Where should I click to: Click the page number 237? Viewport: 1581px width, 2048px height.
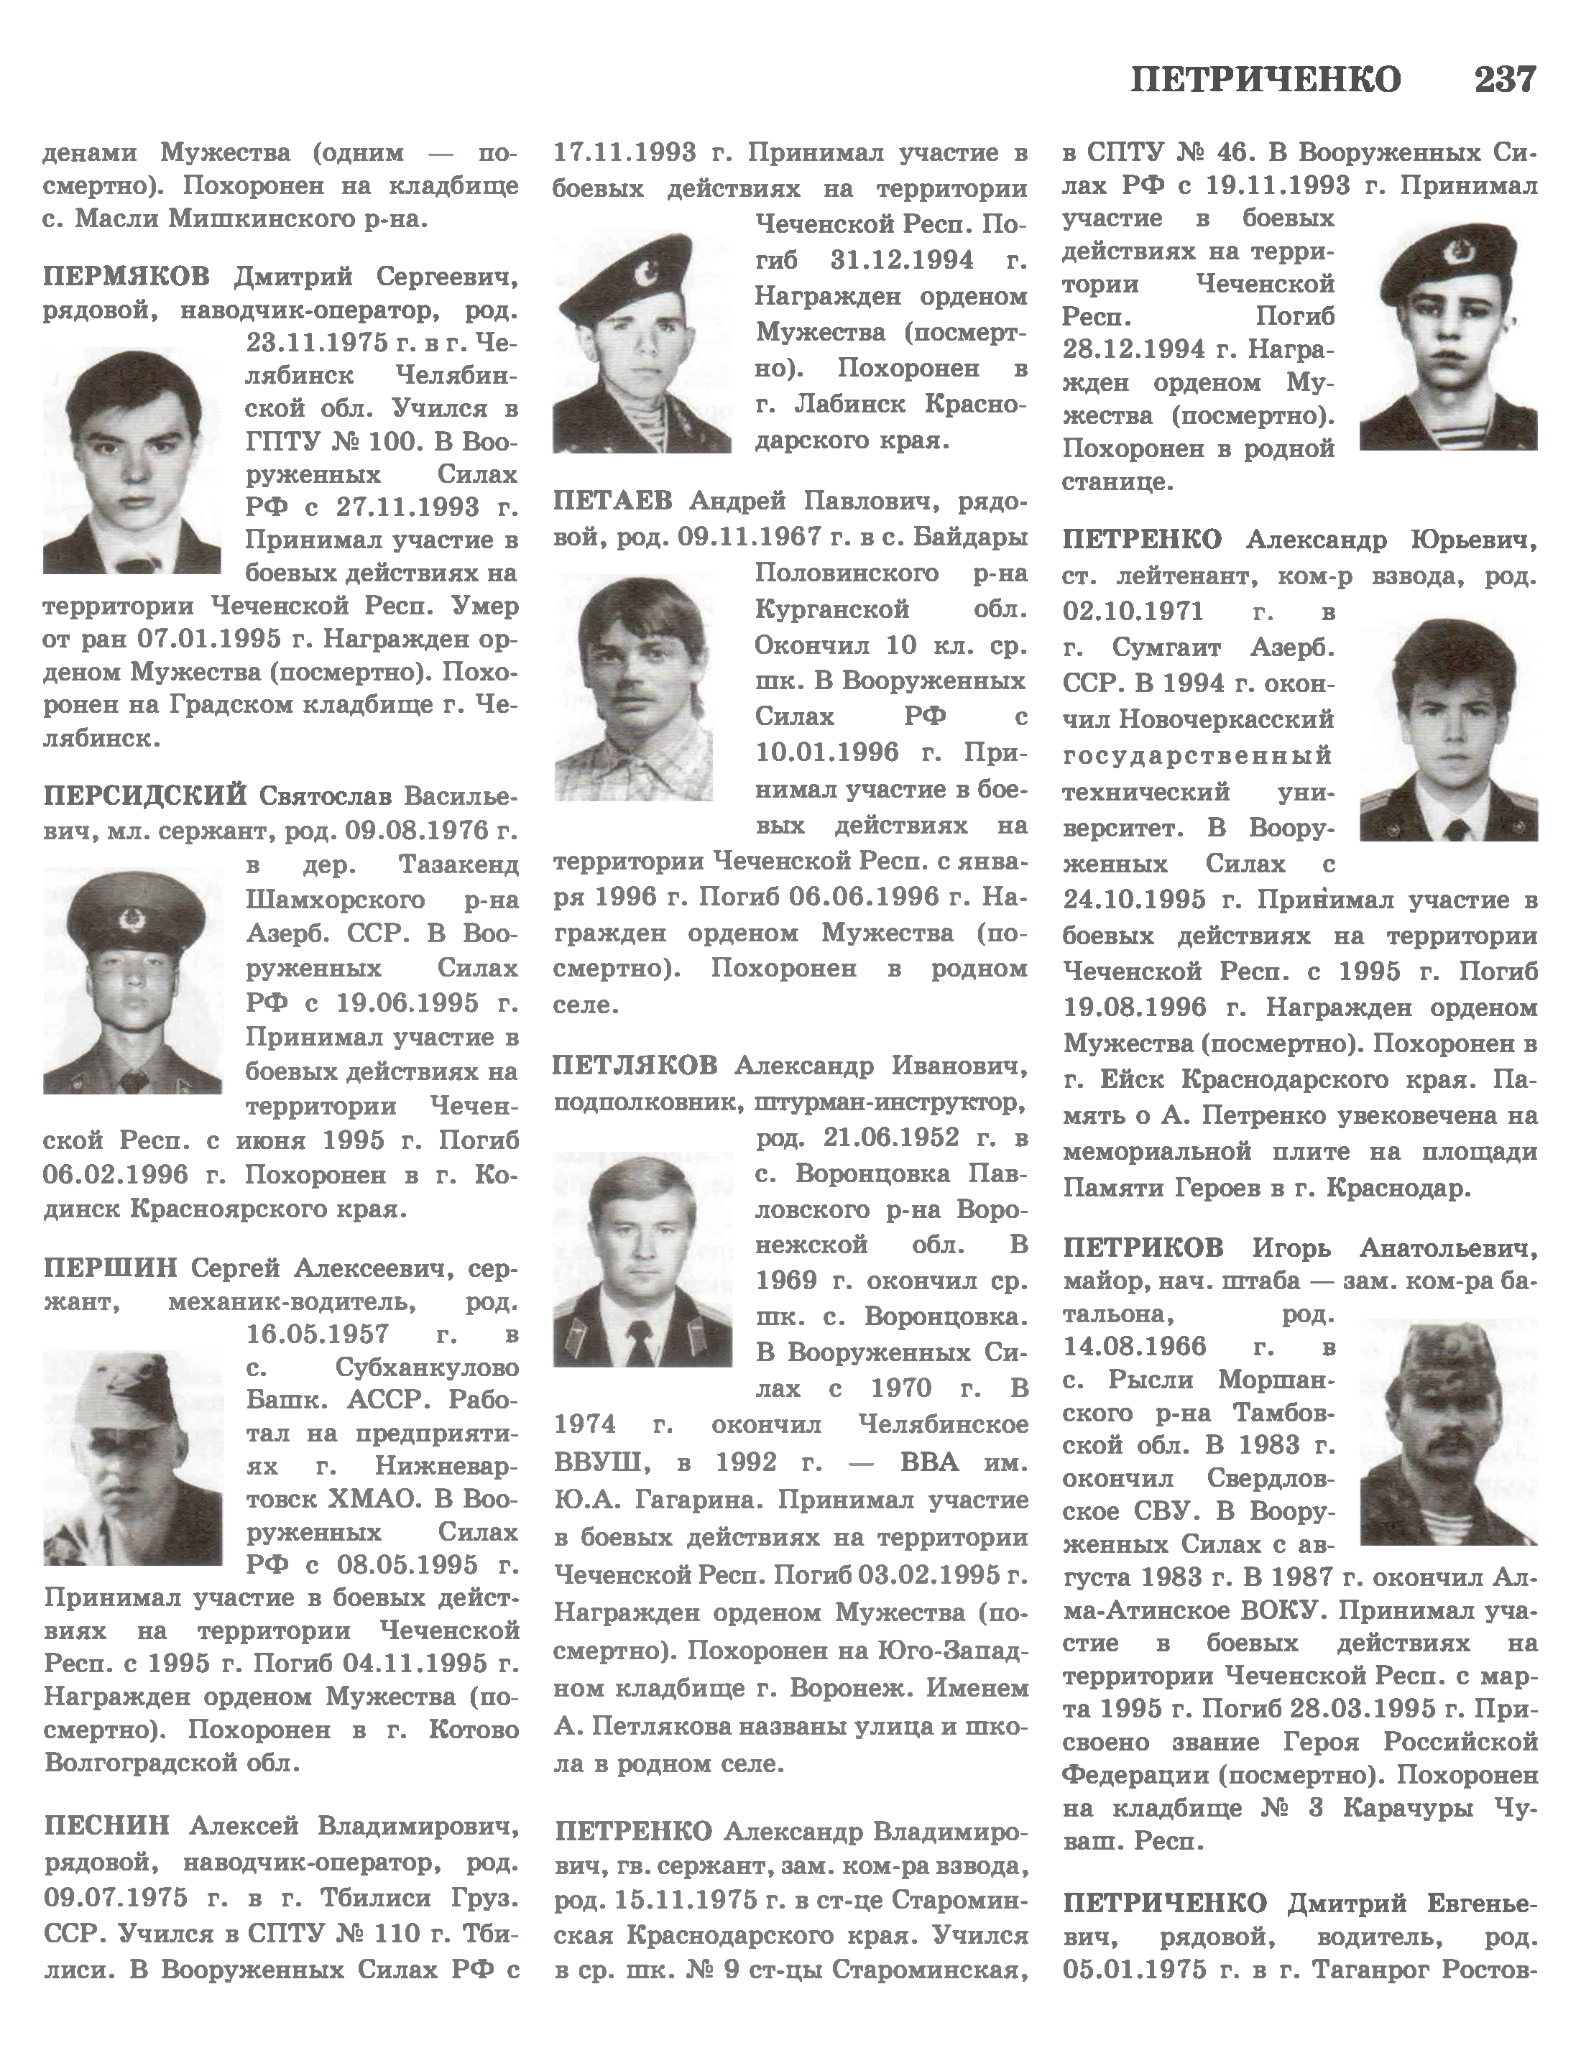1504,80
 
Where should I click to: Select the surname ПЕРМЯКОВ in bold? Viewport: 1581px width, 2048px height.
126,277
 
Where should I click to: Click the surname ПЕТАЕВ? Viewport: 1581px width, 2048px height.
612,502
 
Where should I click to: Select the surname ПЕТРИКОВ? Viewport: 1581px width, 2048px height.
1143,1248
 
